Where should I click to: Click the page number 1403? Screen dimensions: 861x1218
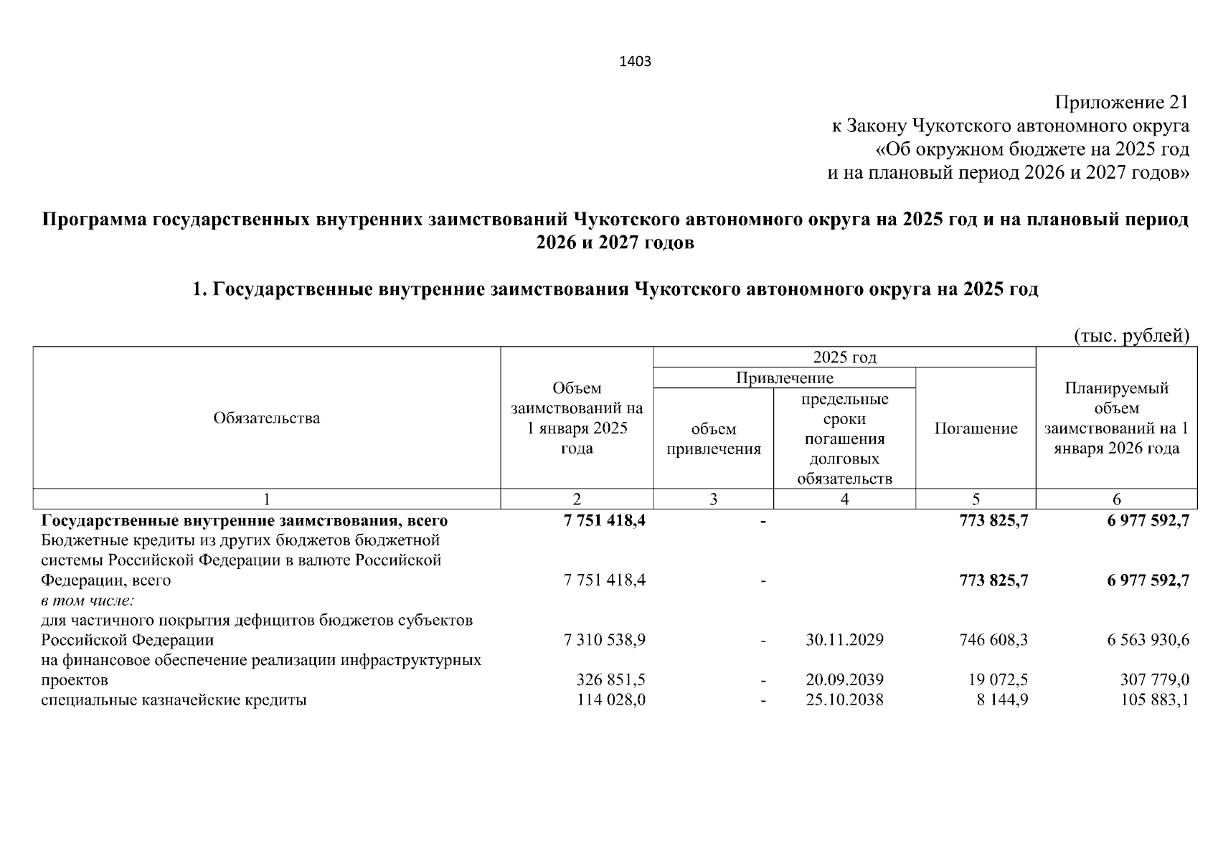click(x=635, y=62)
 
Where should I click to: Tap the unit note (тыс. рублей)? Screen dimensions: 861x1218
click(x=1131, y=335)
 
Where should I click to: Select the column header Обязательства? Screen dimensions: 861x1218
click(x=267, y=418)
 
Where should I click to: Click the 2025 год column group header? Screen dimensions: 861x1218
click(x=844, y=357)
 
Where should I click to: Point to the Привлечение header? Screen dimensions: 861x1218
click(x=785, y=378)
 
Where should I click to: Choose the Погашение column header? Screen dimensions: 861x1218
click(x=976, y=429)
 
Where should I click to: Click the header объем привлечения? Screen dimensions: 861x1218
click(x=714, y=439)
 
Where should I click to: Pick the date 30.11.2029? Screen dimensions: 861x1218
click(x=844, y=639)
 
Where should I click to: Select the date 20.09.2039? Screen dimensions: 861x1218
click(x=844, y=679)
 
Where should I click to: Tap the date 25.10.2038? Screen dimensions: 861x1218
click(x=844, y=700)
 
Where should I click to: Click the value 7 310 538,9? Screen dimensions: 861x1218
click(x=605, y=639)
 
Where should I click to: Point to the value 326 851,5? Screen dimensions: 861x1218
click(x=610, y=679)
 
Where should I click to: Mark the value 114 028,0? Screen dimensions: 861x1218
click(x=610, y=700)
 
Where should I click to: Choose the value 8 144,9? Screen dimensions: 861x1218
click(x=1002, y=700)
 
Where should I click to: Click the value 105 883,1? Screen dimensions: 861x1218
click(x=1154, y=700)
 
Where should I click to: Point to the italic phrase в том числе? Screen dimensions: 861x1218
click(x=88, y=600)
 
